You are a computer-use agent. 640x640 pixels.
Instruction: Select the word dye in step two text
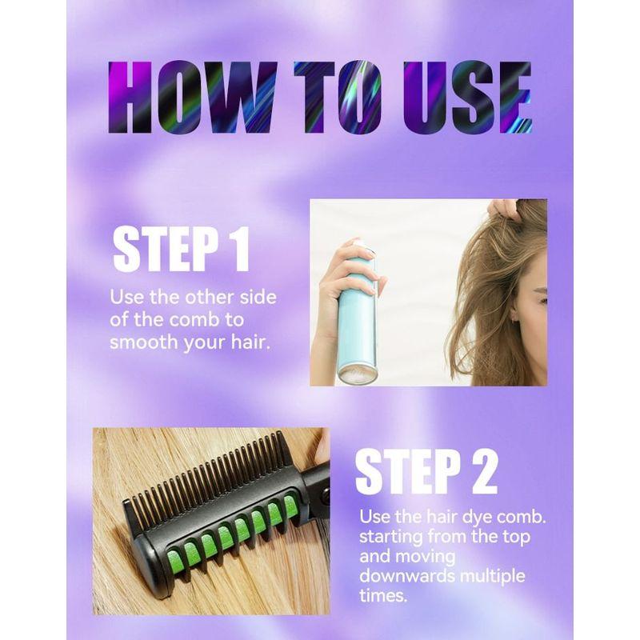[x=474, y=518]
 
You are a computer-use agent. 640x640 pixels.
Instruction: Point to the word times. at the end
[x=383, y=595]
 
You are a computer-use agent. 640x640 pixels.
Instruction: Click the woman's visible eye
[x=543, y=302]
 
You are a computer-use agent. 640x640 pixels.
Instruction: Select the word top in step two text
[x=516, y=537]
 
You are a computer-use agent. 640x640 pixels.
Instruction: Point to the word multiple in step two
[x=492, y=577]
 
